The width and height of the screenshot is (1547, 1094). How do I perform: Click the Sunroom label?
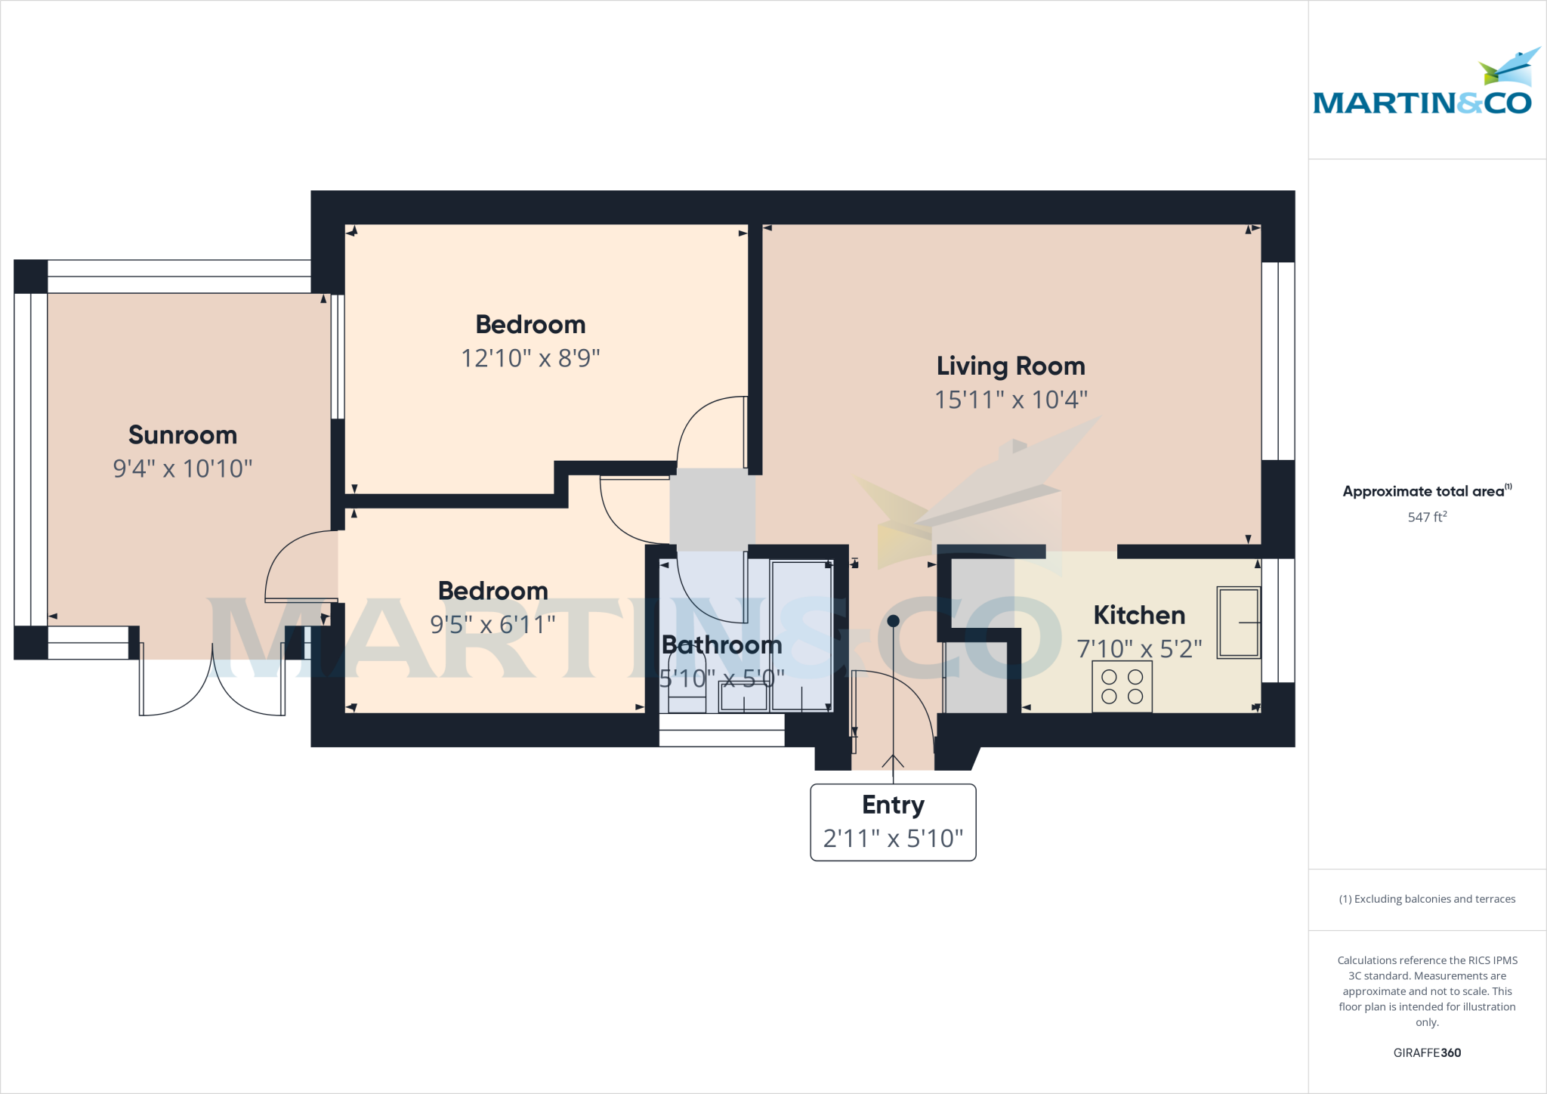click(183, 435)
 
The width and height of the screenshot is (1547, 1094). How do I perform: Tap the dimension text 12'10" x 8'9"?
click(530, 358)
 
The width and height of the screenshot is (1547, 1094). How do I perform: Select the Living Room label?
click(1011, 366)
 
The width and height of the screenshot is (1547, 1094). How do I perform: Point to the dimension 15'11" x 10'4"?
click(1011, 400)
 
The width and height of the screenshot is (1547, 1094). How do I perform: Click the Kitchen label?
click(1139, 616)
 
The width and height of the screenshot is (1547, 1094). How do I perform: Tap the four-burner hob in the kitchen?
click(1122, 687)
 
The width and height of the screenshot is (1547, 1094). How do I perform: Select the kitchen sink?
click(1238, 623)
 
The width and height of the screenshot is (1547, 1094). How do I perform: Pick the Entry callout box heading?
click(893, 805)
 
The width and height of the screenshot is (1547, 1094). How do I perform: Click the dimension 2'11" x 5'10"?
click(893, 839)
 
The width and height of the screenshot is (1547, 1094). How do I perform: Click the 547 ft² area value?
click(1427, 518)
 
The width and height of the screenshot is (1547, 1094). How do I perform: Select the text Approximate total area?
click(1424, 492)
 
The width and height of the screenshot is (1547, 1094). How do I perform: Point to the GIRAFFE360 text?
click(1427, 1052)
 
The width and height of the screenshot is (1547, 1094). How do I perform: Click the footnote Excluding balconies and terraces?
click(1427, 899)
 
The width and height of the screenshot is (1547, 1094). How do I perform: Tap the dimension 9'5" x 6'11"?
click(493, 625)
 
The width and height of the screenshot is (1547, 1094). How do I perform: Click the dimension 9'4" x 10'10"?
click(183, 468)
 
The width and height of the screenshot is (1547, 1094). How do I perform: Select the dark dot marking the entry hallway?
click(893, 621)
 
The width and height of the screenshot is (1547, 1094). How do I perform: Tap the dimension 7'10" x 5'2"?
click(1139, 649)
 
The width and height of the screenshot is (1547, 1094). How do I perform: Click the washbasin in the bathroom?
click(743, 697)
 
